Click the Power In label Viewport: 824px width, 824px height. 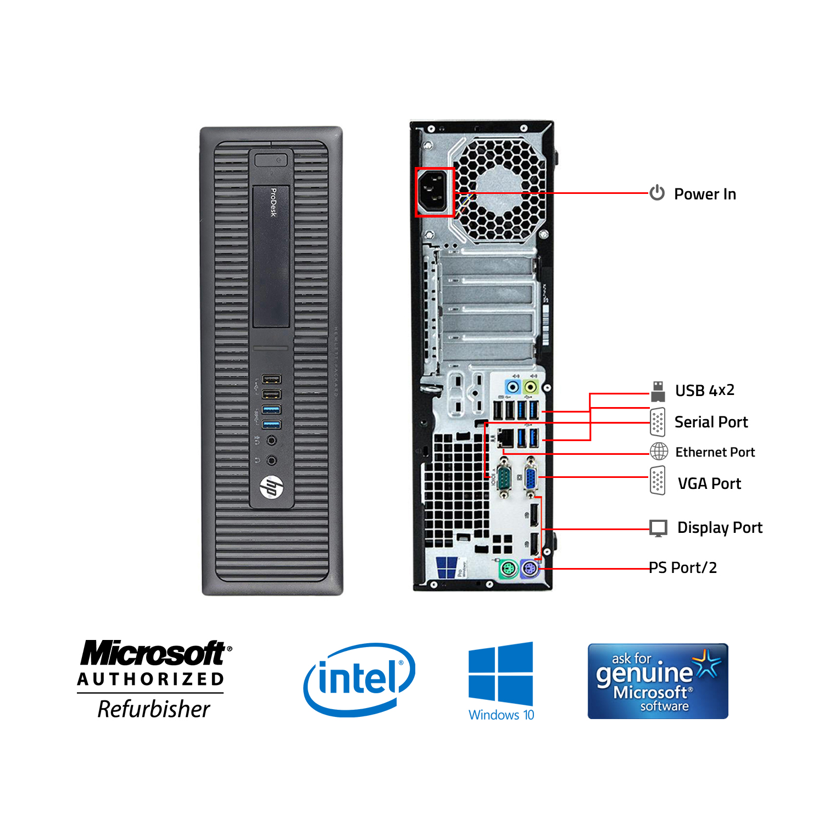[705, 194]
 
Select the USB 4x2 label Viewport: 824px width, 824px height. [705, 391]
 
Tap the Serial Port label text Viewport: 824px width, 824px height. [711, 422]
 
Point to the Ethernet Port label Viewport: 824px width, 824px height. [715, 452]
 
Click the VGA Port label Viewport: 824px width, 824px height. [709, 483]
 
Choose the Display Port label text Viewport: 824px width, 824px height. [720, 527]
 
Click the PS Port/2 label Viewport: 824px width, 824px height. [683, 567]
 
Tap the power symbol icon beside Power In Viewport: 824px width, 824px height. [657, 193]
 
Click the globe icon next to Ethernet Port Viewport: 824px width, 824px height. [659, 452]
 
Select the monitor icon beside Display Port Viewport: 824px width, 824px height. [658, 528]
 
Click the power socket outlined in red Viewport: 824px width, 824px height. [435, 192]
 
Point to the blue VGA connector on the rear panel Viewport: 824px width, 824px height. [531, 479]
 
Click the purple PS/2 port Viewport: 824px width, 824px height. [530, 569]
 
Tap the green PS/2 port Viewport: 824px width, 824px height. [508, 569]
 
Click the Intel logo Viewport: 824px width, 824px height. [359, 680]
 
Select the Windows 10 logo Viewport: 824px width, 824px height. [501, 681]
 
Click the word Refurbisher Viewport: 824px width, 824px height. [154, 709]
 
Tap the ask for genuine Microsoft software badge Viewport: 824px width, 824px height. [658, 681]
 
